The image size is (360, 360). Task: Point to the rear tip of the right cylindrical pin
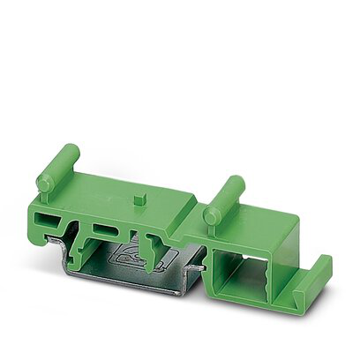click(238, 182)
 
